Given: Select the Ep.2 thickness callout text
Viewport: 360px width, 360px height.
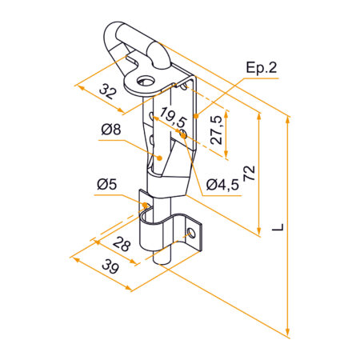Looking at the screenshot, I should [262, 69].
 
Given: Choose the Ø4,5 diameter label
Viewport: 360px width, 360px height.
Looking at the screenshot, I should [222, 185].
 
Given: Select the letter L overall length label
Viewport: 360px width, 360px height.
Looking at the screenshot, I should [276, 228].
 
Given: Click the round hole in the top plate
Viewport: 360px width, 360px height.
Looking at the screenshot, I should [146, 81].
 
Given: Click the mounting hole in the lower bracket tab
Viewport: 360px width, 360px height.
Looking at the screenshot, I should [191, 234].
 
